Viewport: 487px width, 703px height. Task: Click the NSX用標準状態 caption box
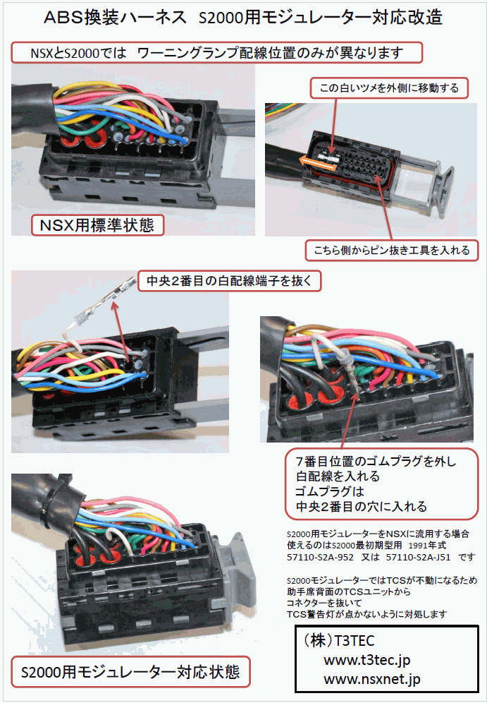97,224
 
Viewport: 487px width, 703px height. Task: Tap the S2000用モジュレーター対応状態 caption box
130,672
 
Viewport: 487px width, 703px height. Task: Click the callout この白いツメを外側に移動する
389,88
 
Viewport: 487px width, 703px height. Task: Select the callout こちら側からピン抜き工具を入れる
392,250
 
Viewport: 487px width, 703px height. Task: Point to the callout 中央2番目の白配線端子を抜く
229,281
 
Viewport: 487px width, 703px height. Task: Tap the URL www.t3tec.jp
367,660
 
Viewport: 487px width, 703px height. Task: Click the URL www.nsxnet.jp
372,679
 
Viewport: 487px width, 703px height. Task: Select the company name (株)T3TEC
339,641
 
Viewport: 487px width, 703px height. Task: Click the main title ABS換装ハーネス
115,18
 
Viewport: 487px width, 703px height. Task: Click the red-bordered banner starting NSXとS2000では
216,53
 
